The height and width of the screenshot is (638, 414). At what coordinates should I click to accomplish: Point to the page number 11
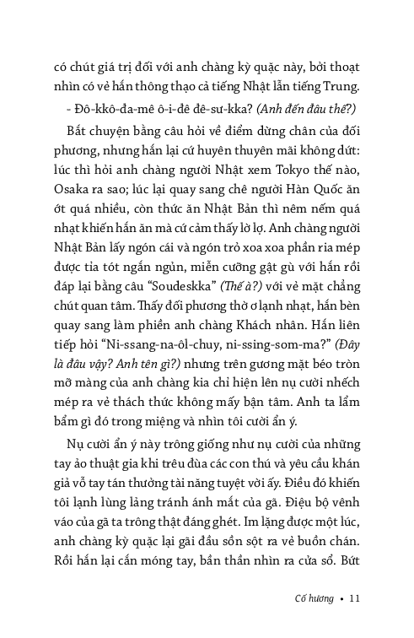pos(354,598)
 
